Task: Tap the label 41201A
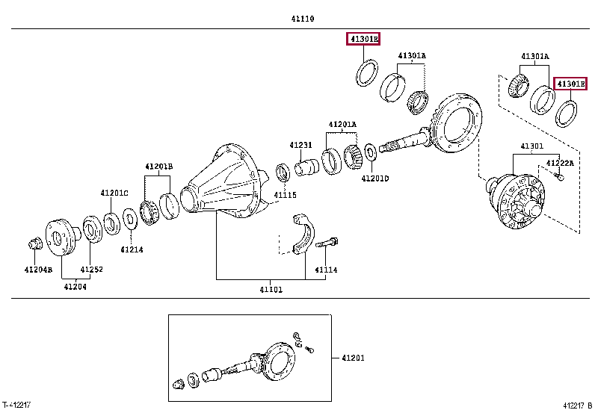pyautogui.click(x=342, y=124)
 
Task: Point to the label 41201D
pyautogui.click(x=374, y=178)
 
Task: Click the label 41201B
pyautogui.click(x=158, y=166)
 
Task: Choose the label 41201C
pyautogui.click(x=114, y=193)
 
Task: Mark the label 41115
pyautogui.click(x=284, y=196)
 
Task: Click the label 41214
pyautogui.click(x=131, y=249)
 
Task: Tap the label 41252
pyautogui.click(x=91, y=269)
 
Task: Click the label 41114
pyautogui.click(x=326, y=270)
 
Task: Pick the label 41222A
pyautogui.click(x=559, y=162)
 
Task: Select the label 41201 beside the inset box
pyautogui.click(x=354, y=358)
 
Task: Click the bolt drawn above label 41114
pyautogui.click(x=327, y=243)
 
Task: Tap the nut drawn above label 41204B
pyautogui.click(x=34, y=243)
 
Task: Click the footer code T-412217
pyautogui.click(x=16, y=404)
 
